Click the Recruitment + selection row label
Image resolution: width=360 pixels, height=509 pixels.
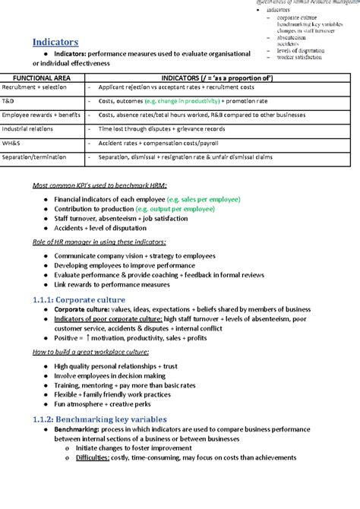(34, 88)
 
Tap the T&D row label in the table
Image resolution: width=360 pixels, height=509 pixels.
(8, 101)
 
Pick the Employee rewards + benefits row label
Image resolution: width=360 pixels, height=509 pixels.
(41, 115)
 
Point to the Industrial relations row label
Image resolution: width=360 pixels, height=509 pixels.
(27, 128)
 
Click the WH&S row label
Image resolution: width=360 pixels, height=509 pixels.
(11, 142)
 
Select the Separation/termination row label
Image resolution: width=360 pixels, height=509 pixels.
(35, 156)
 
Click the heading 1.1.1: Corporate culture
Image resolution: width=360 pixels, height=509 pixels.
(85, 299)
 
